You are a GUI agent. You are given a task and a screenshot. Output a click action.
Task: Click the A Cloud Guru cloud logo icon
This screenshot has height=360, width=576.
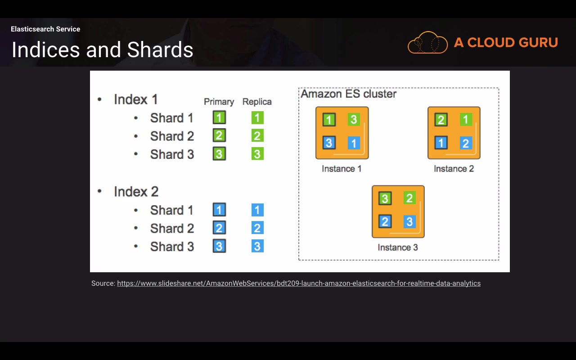[x=427, y=43]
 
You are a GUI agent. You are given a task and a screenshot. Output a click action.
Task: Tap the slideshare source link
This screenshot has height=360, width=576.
[x=299, y=283]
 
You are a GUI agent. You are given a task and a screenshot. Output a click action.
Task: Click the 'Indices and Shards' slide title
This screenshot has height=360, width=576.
[x=102, y=50]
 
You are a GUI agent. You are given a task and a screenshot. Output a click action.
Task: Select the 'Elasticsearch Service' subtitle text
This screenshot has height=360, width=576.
[x=45, y=29]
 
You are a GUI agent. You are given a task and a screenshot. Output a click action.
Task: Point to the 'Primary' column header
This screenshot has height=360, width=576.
[x=219, y=102]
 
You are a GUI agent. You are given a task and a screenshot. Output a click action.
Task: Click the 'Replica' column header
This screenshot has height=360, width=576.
[x=257, y=102]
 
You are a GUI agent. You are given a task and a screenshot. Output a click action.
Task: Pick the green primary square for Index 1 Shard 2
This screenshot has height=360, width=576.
[x=219, y=136]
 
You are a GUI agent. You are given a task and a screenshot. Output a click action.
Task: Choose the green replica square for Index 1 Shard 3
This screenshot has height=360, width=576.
[x=257, y=154]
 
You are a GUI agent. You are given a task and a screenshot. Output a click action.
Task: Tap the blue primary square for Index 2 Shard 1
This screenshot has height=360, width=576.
[x=219, y=210]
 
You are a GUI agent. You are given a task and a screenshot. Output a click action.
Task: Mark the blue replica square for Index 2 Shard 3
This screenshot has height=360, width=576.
[x=257, y=246]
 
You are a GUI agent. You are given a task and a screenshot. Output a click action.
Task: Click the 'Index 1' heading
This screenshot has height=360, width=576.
[x=135, y=99]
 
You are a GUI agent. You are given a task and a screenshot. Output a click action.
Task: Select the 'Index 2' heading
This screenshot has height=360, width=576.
[x=136, y=192]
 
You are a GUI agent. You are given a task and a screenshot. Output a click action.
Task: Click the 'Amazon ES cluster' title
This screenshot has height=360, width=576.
[x=348, y=94]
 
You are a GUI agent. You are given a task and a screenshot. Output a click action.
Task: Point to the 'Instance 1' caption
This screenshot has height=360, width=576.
[x=342, y=169]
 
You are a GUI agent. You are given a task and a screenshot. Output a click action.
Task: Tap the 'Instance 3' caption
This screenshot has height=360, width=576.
[x=398, y=247]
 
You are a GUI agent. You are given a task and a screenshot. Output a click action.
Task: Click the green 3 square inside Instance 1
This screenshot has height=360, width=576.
[x=354, y=120]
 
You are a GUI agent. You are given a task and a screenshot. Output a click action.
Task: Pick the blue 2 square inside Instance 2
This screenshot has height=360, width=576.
[x=466, y=143]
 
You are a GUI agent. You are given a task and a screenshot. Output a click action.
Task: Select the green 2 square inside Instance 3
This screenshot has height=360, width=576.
[x=409, y=198]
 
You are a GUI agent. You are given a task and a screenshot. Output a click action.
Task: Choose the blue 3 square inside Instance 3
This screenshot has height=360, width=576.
[x=409, y=221]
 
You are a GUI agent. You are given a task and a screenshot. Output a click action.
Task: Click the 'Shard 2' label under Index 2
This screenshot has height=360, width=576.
[x=172, y=229]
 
